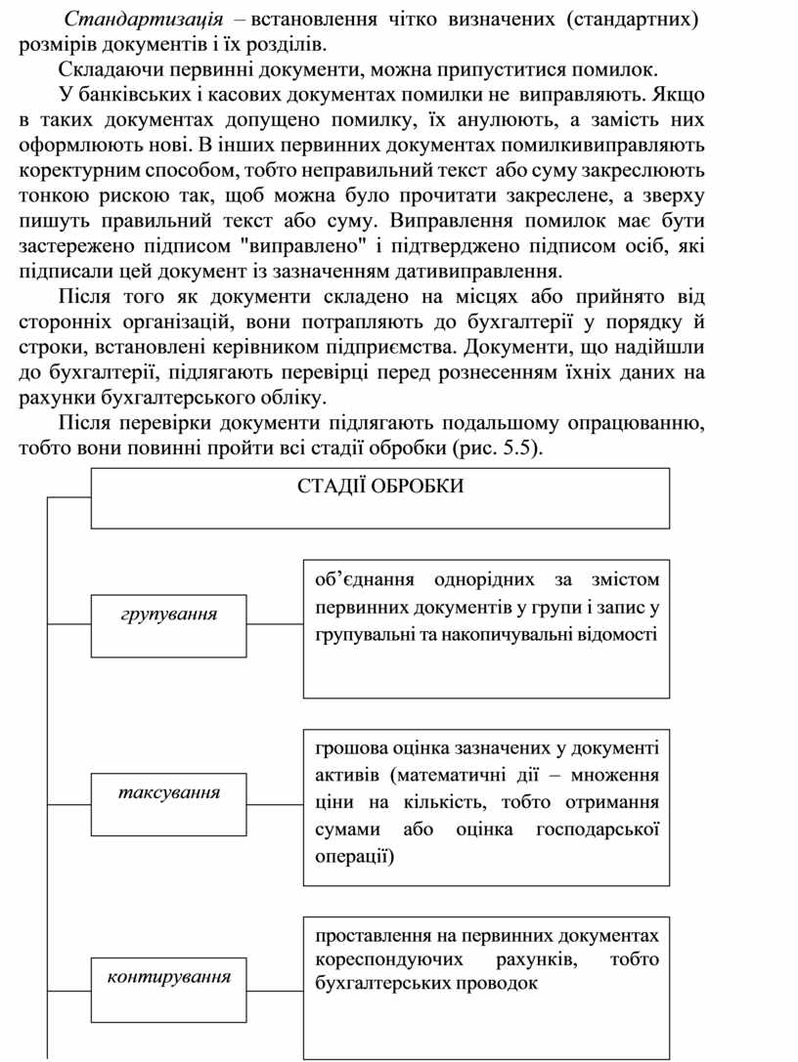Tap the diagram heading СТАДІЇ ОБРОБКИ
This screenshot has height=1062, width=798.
[x=380, y=487]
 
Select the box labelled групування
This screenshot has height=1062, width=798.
[x=168, y=615]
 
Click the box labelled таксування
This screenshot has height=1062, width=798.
[x=168, y=791]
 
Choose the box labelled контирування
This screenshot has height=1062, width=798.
[x=168, y=976]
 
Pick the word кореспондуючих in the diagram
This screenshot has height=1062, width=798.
[x=377, y=959]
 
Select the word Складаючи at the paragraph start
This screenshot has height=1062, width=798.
[x=103, y=71]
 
